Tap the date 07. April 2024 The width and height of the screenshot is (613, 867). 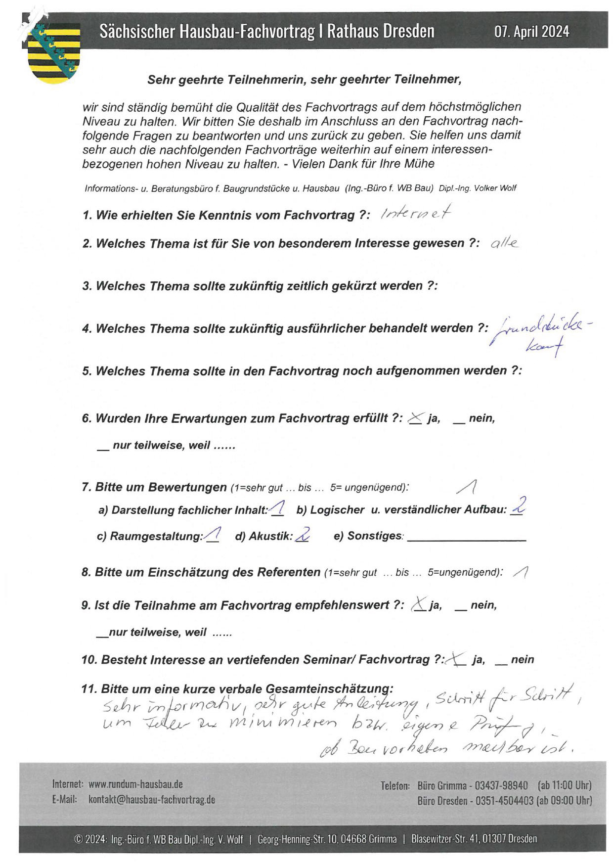click(531, 32)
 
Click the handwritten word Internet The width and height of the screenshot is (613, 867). click(416, 213)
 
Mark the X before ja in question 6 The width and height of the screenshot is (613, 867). click(415, 419)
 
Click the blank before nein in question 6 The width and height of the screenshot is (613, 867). click(459, 421)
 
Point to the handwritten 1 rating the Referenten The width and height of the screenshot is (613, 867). click(522, 572)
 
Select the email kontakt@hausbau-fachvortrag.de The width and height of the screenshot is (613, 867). click(152, 800)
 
